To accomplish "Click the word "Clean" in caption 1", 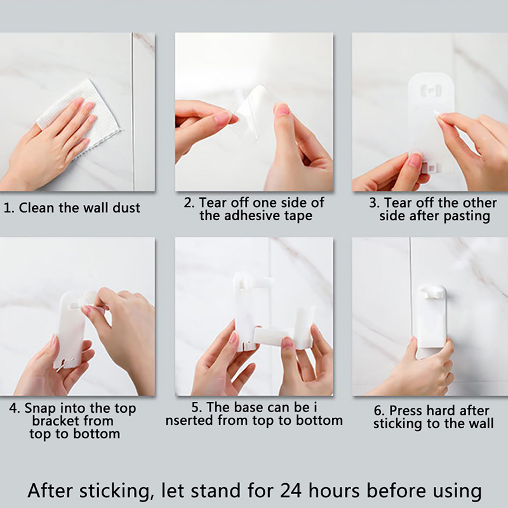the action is [36, 208].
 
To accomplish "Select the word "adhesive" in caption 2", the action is [253, 215].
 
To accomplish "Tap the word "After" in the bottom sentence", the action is [52, 491].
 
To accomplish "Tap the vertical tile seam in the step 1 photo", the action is [133, 112].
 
